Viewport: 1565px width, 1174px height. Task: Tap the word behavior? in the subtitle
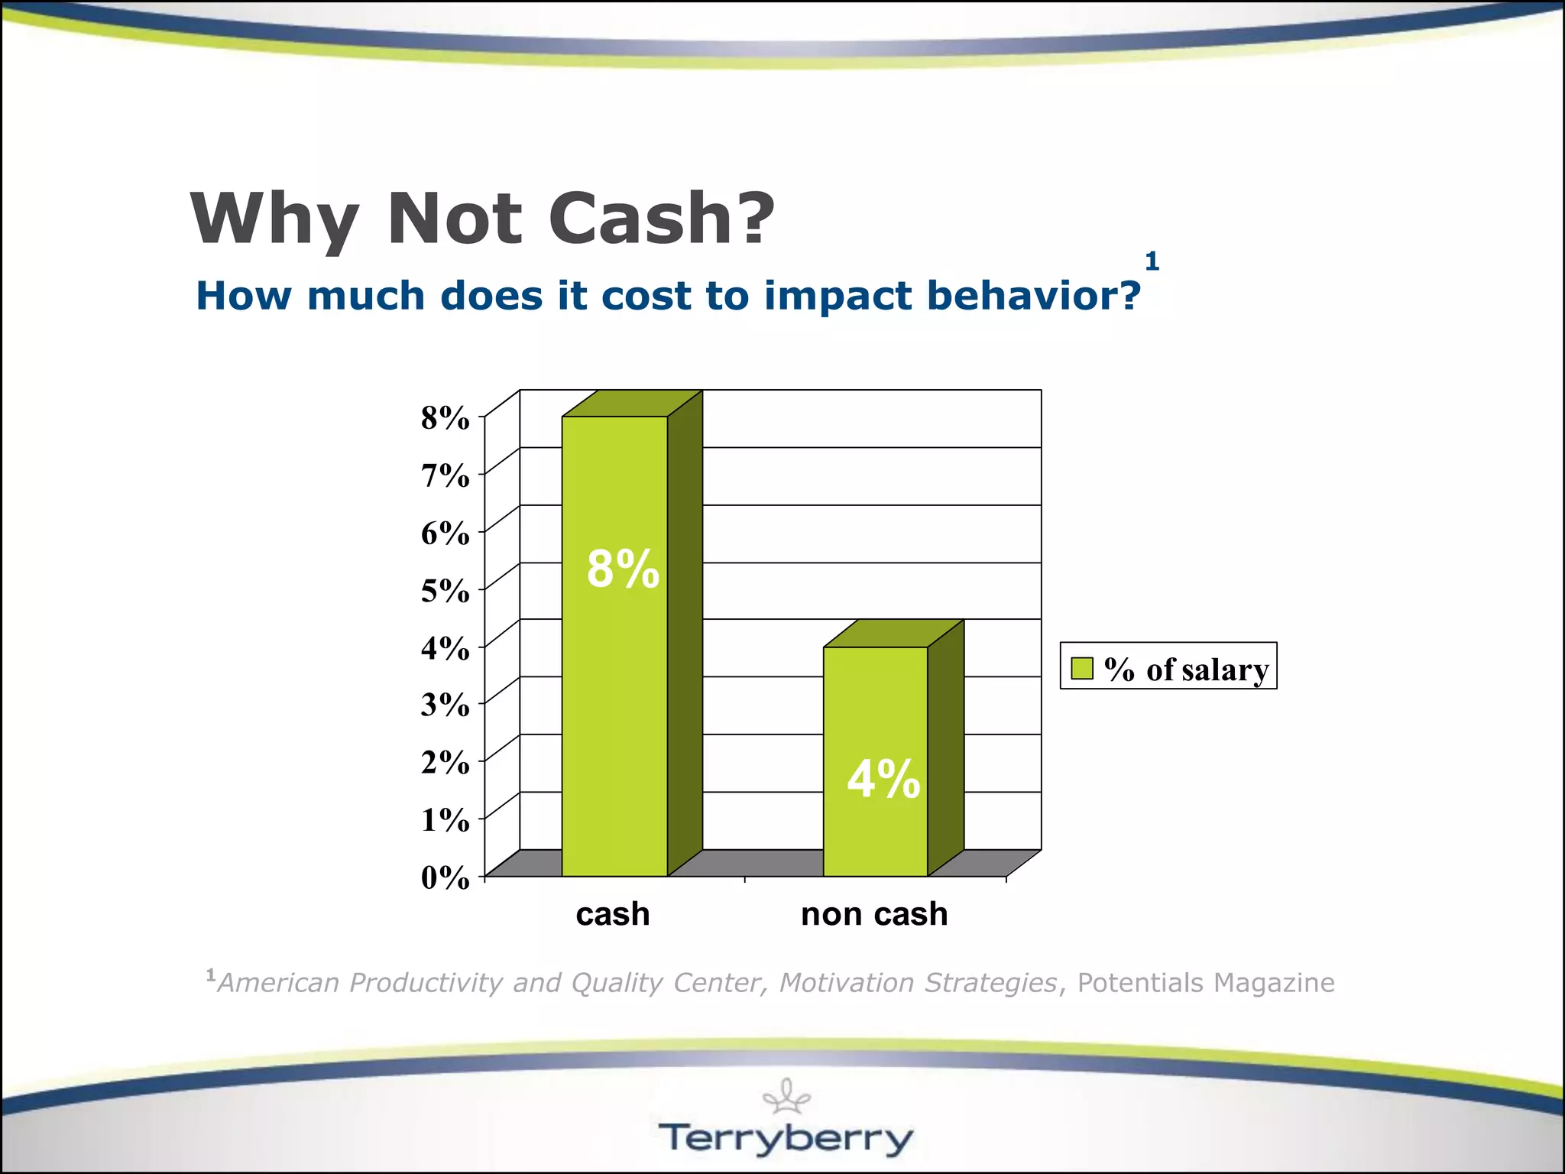point(1034,296)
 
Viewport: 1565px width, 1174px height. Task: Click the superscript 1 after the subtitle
point(1152,262)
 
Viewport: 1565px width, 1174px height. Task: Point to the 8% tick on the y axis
point(446,418)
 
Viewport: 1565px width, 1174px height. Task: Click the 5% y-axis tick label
point(446,591)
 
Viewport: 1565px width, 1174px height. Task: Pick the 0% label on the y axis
point(446,877)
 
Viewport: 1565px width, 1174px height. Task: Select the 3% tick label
point(446,705)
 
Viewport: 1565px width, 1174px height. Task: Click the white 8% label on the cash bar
point(623,569)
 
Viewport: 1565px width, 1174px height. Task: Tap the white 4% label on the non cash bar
point(883,780)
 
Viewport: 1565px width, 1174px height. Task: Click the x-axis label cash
point(613,914)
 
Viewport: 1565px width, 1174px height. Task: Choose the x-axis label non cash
point(874,914)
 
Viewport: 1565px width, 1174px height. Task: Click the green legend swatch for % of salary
point(1082,668)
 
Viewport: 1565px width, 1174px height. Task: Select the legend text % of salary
point(1186,670)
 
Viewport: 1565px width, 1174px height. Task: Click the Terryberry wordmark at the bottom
point(786,1138)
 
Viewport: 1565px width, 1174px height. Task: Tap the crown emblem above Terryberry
point(786,1096)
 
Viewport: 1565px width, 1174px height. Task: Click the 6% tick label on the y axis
point(446,533)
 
